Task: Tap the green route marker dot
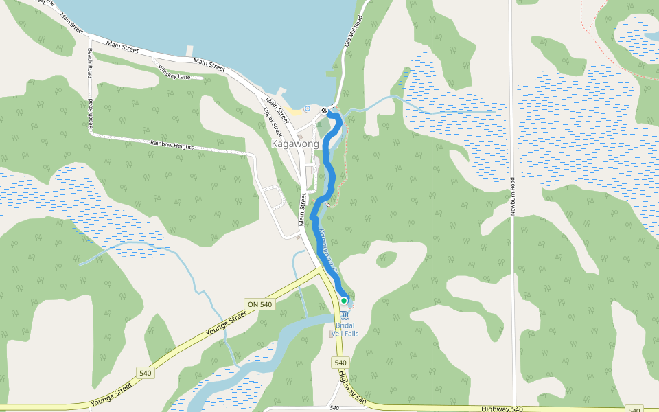(344, 301)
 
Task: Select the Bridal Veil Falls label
(345, 329)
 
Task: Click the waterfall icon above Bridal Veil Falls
(344, 314)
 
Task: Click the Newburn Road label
(512, 196)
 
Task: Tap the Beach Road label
(89, 88)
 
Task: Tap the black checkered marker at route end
(324, 110)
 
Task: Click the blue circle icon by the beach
(307, 108)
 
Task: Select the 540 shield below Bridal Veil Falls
(340, 362)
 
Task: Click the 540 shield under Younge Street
(145, 373)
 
